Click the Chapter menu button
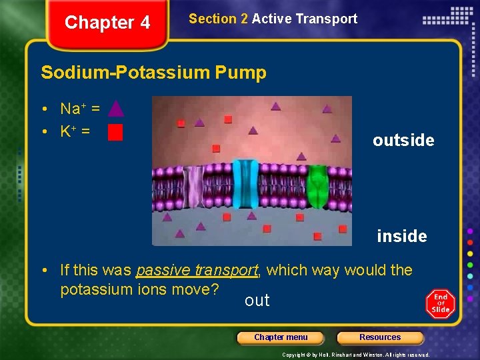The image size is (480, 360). tap(281, 337)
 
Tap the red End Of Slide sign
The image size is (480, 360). tap(441, 304)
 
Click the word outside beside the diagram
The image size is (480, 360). tap(403, 140)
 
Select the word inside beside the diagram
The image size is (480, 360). tap(401, 236)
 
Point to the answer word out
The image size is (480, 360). tap(257, 301)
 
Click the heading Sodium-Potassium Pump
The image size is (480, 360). tap(153, 72)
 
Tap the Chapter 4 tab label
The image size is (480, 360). tap(107, 23)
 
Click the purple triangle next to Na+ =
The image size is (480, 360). tap(115, 108)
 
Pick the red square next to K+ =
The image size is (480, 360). tap(115, 133)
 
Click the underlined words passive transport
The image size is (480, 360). tap(197, 270)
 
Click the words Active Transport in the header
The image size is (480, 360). tap(305, 19)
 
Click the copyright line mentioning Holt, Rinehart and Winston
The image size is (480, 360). tap(355, 355)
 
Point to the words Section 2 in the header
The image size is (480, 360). tap(218, 19)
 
